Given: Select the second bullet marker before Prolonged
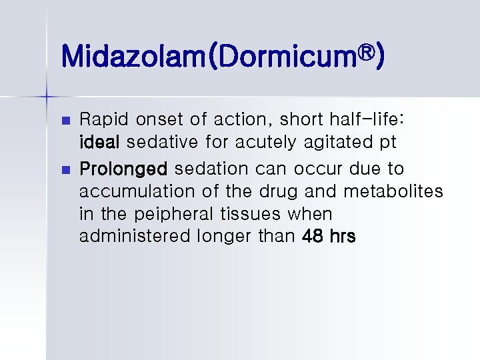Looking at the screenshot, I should pos(65,169).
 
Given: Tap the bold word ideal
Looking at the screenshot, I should pos(100,143).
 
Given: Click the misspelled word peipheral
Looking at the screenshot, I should pos(175,213).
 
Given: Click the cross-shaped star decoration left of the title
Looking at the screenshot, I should pos(47,97).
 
